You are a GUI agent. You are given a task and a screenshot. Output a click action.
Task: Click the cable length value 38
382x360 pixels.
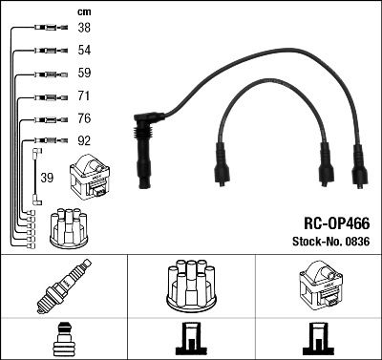(x=85, y=29)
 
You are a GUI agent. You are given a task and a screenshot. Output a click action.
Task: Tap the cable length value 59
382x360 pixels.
(x=85, y=74)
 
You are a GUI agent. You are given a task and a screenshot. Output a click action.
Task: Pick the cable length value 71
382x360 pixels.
(x=85, y=96)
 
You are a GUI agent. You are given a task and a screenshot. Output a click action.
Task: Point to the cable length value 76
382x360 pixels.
(x=85, y=119)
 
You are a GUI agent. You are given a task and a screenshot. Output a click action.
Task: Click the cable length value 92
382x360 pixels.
(x=85, y=142)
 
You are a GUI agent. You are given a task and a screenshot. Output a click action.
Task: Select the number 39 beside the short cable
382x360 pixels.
(x=47, y=177)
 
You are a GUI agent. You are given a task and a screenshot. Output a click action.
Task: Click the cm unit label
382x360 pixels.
(x=83, y=11)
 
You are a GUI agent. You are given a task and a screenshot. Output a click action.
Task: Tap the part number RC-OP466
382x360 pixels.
(x=335, y=222)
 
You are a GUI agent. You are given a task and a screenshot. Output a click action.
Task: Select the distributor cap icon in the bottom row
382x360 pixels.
(x=191, y=284)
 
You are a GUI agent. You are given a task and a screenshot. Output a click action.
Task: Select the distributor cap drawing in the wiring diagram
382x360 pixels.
(x=68, y=225)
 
